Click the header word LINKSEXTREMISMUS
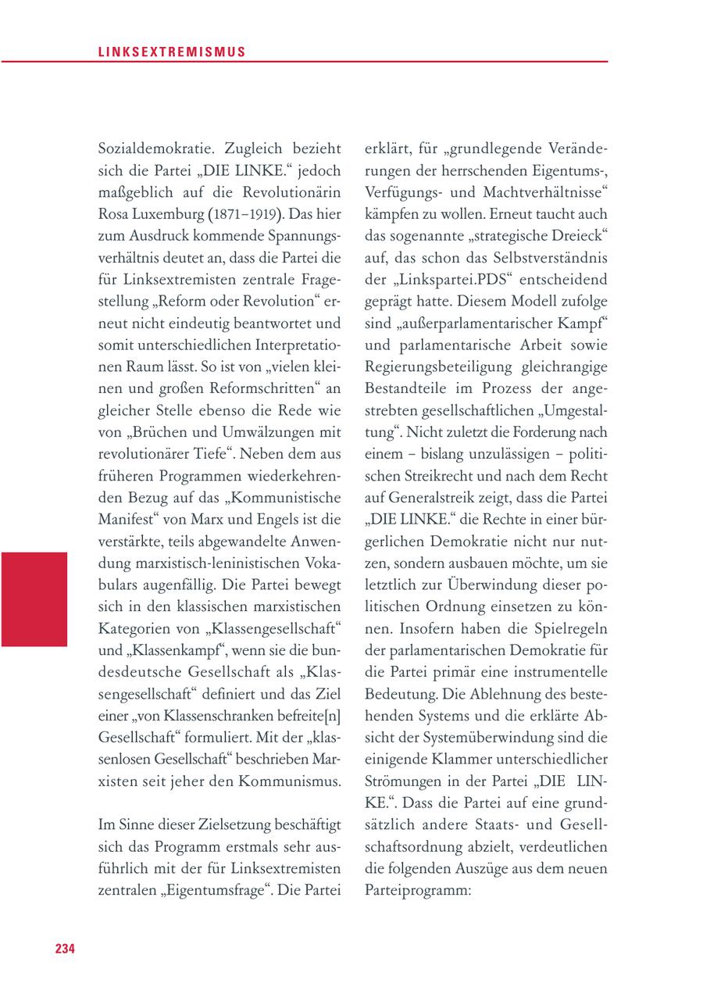[173, 52]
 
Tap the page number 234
[65, 948]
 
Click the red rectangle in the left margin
[34, 599]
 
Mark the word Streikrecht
[432, 474]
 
